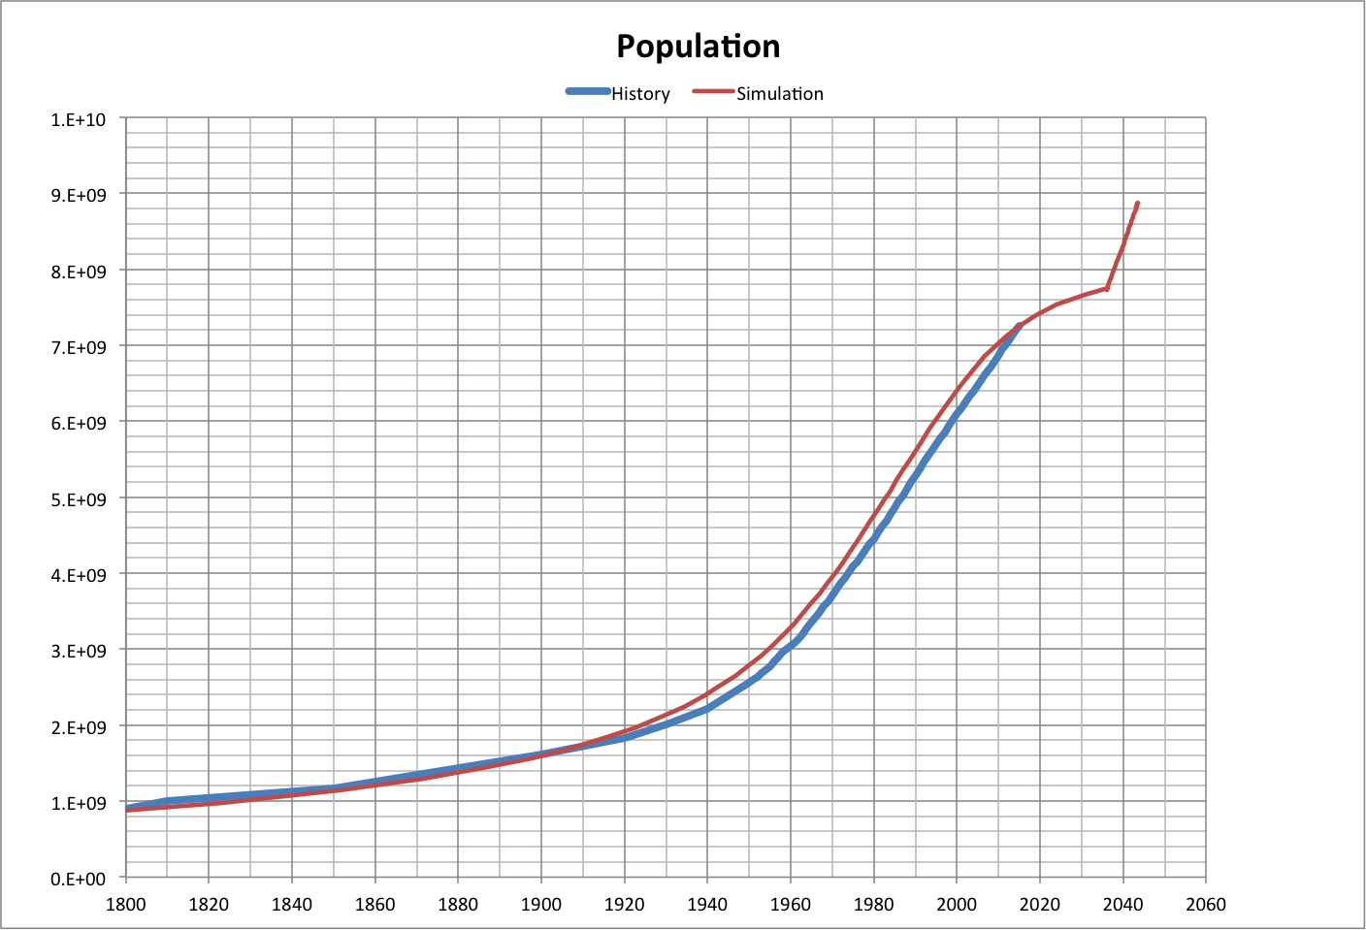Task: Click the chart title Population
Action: (x=698, y=47)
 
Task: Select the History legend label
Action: (x=640, y=94)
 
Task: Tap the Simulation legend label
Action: (x=779, y=94)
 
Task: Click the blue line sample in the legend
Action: (x=588, y=92)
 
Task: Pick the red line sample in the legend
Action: (x=713, y=92)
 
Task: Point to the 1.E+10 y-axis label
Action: (x=78, y=119)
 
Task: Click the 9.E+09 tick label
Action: (x=78, y=195)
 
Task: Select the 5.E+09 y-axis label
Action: (x=78, y=499)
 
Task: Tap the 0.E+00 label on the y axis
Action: (x=78, y=880)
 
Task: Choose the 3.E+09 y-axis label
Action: (x=78, y=651)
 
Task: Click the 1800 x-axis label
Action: (x=125, y=905)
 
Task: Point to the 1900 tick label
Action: (x=540, y=905)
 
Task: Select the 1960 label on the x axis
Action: (x=790, y=905)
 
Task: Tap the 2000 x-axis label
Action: (x=957, y=905)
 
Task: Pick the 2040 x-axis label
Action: (x=1122, y=905)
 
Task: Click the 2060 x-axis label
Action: (x=1206, y=905)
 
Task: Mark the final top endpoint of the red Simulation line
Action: (x=1137, y=204)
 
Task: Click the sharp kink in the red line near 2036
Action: (x=1107, y=288)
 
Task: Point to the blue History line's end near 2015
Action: (x=1019, y=326)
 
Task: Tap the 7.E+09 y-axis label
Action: (x=78, y=347)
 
